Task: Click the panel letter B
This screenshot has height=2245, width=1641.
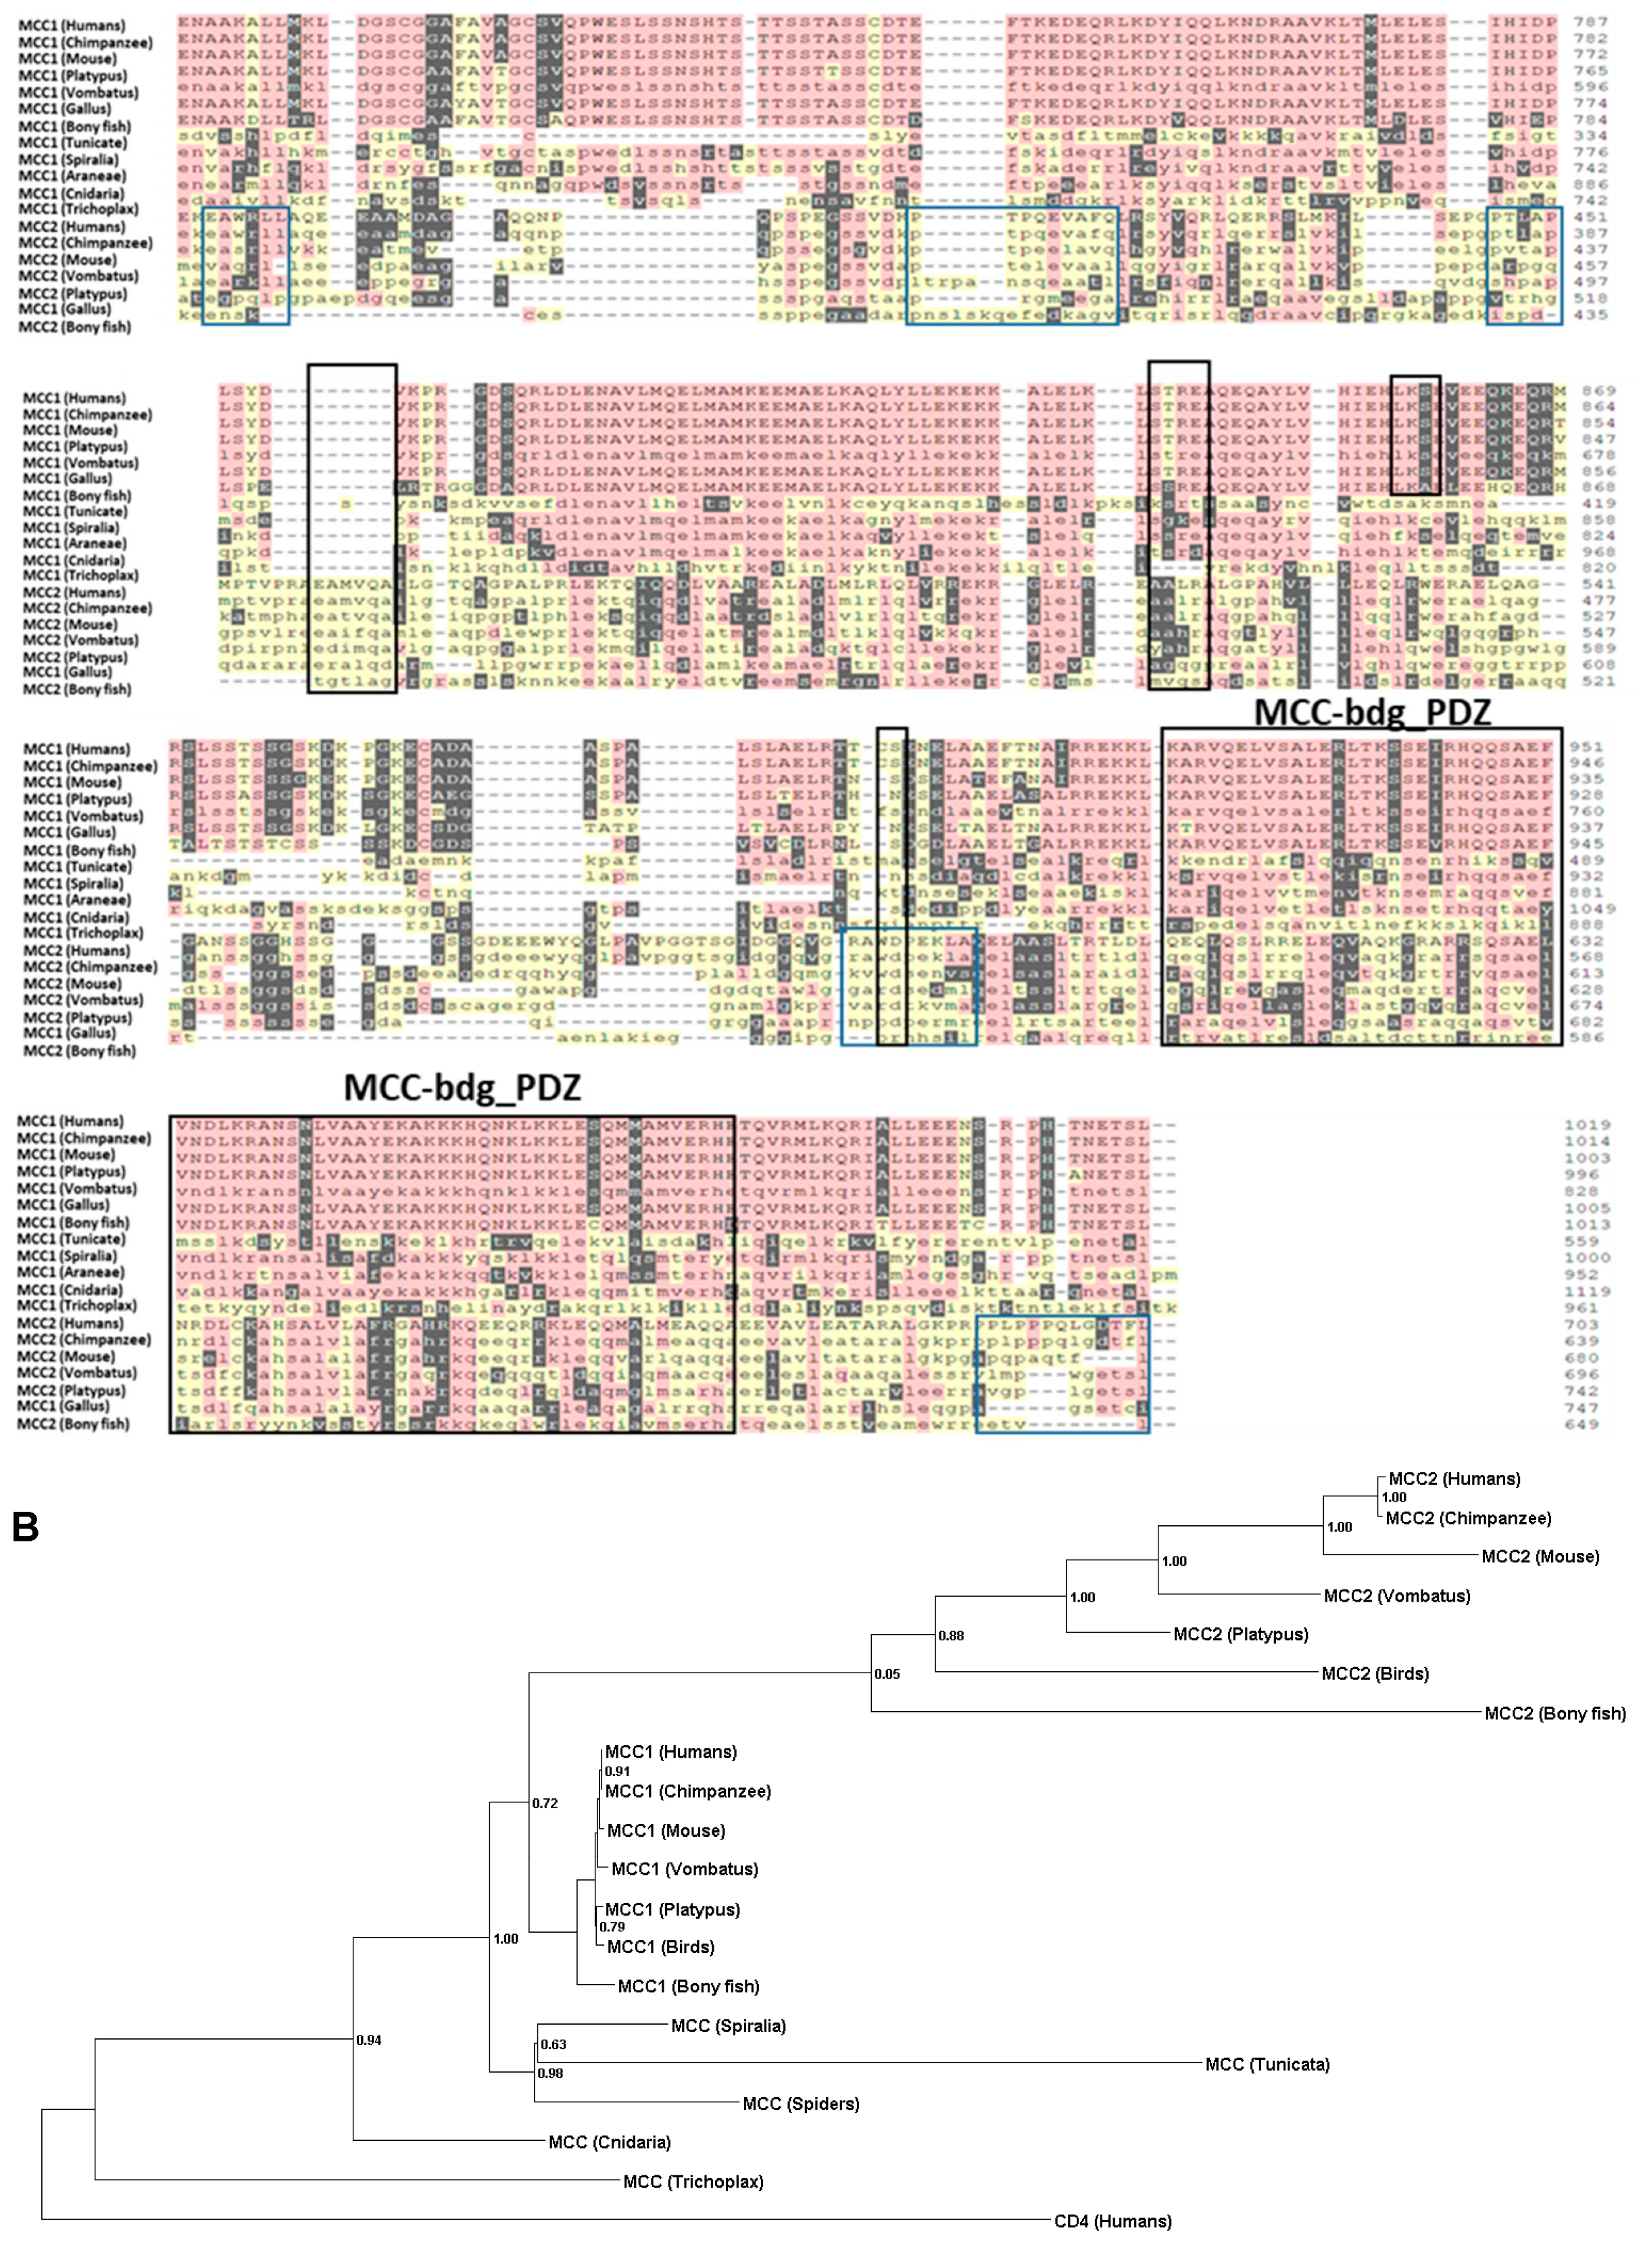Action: click(x=25, y=1527)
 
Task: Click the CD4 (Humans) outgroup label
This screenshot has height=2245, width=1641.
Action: click(x=1112, y=2221)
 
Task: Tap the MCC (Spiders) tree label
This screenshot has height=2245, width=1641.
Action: click(x=801, y=2103)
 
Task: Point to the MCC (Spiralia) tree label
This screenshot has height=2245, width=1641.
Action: click(x=728, y=2025)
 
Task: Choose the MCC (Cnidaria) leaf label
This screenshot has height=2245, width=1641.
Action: click(x=609, y=2142)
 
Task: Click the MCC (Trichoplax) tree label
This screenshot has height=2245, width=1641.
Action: click(x=692, y=2181)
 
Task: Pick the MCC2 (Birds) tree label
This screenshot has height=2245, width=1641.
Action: click(x=1375, y=1674)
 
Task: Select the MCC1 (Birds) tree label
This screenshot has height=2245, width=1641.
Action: click(x=660, y=1947)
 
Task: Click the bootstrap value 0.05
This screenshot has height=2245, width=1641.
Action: click(x=887, y=1674)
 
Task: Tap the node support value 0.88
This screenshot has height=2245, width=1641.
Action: click(x=951, y=1635)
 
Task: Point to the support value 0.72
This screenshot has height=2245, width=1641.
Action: click(x=544, y=1803)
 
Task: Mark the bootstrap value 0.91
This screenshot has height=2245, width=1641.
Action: click(x=617, y=1771)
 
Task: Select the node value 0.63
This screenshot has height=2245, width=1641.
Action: click(x=554, y=2044)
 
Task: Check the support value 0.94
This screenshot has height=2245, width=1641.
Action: click(x=368, y=2040)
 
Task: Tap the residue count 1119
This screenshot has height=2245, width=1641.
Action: click(x=1588, y=1290)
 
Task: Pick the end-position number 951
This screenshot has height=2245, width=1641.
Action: click(x=1590, y=746)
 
